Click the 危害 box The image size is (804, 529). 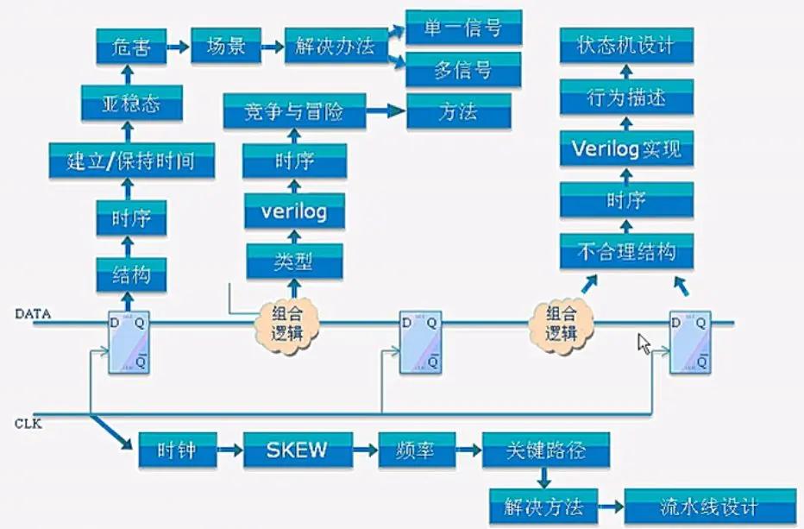coord(130,46)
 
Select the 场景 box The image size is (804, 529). coord(226,46)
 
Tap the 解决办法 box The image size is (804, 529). coord(335,46)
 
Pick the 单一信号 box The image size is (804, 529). coord(463,28)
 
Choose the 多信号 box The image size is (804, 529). coord(463,70)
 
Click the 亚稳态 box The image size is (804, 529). coord(132,104)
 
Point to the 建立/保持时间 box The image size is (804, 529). coord(131,161)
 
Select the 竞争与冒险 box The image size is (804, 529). coord(294,112)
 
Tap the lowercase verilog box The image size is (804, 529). coord(294,211)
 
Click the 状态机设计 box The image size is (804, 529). coord(626,45)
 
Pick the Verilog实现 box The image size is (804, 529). coord(626,148)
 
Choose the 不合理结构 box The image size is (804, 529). coord(626,252)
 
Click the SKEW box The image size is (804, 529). coord(298,450)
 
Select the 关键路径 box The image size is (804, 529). coord(545,450)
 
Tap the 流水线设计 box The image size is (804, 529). coord(710,506)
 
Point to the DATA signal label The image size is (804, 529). coord(34,315)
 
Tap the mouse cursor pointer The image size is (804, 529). coord(643,343)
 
